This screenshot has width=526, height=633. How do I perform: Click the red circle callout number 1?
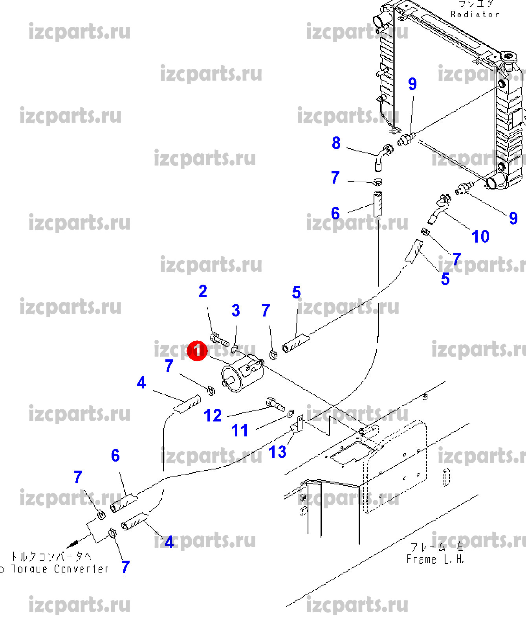point(197,350)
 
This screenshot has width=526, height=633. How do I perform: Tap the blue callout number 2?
point(203,291)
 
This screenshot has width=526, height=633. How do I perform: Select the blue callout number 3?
point(236,311)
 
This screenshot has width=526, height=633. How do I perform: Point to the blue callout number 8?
point(336,143)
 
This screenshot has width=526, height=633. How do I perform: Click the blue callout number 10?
point(480,237)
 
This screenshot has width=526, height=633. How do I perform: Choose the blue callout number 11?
point(240,431)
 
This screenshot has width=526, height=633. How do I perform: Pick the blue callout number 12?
point(213,416)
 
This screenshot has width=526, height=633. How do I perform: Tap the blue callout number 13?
point(277,452)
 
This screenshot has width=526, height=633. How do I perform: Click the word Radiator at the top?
point(475,15)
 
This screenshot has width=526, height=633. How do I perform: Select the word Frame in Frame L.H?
point(421,559)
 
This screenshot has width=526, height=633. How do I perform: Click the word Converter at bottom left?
point(81,569)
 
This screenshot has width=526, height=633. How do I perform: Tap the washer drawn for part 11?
point(291,414)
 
